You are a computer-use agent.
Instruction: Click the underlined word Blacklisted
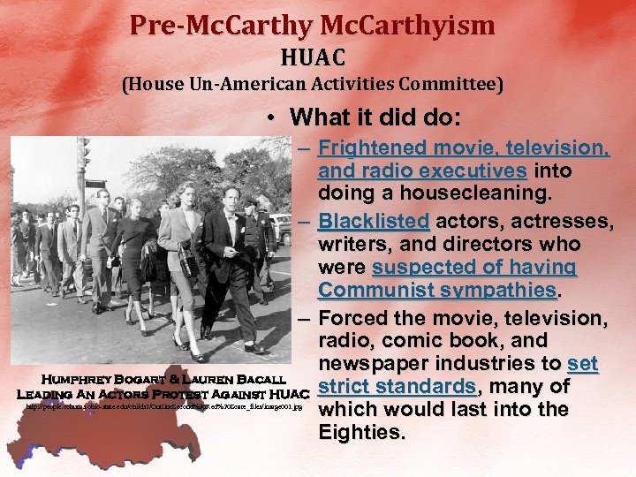coord(374,219)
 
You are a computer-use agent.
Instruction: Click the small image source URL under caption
coord(163,407)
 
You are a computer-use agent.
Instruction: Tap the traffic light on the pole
coord(84,154)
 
